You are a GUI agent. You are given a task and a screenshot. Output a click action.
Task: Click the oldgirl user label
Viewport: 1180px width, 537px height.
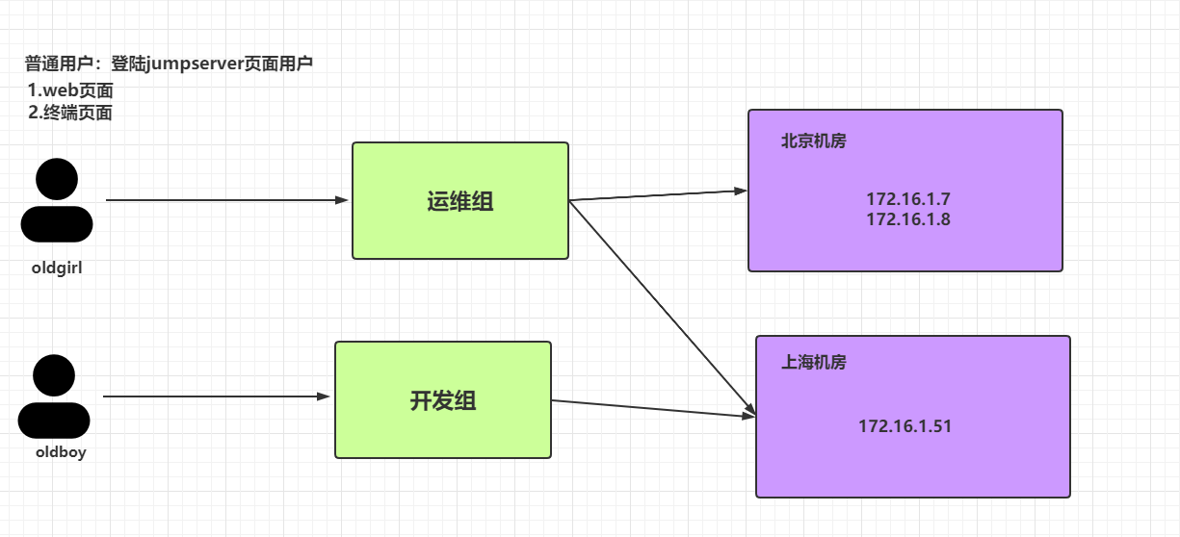pyautogui.click(x=57, y=268)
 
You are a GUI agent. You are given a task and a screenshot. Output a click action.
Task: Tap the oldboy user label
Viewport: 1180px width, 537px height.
pyautogui.click(x=61, y=452)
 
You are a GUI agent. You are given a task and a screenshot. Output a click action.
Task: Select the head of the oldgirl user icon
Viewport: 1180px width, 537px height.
pyautogui.click(x=57, y=180)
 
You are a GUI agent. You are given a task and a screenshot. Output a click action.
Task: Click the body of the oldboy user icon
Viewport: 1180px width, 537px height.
pyautogui.click(x=54, y=421)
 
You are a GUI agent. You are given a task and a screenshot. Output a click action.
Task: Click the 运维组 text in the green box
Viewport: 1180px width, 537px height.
pyautogui.click(x=459, y=202)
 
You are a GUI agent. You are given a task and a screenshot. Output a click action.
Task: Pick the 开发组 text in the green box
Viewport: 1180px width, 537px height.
pyautogui.click(x=443, y=401)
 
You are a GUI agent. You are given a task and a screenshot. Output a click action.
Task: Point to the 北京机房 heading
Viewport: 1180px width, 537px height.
pyautogui.click(x=813, y=141)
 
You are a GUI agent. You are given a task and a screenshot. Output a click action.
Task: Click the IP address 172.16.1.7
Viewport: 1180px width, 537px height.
pyautogui.click(x=907, y=199)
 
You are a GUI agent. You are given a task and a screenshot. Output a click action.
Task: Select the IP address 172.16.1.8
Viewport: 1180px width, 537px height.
pyautogui.click(x=907, y=219)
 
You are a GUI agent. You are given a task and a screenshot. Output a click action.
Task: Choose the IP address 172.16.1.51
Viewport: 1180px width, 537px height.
pyautogui.click(x=905, y=425)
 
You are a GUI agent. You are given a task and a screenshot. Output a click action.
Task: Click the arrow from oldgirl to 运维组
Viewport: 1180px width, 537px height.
pyautogui.click(x=226, y=200)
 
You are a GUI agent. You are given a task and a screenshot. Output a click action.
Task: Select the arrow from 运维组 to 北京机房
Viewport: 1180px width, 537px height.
pyautogui.click(x=658, y=195)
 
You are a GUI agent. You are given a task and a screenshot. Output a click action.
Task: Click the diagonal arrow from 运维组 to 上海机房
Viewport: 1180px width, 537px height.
pyautogui.click(x=660, y=306)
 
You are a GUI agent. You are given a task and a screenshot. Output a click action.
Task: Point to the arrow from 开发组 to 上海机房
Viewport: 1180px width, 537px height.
pyautogui.click(x=653, y=409)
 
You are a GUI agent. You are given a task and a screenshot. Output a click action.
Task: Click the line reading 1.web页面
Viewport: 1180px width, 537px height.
pyautogui.click(x=70, y=91)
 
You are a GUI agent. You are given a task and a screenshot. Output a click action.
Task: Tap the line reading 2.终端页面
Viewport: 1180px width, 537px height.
pyautogui.click(x=70, y=113)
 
